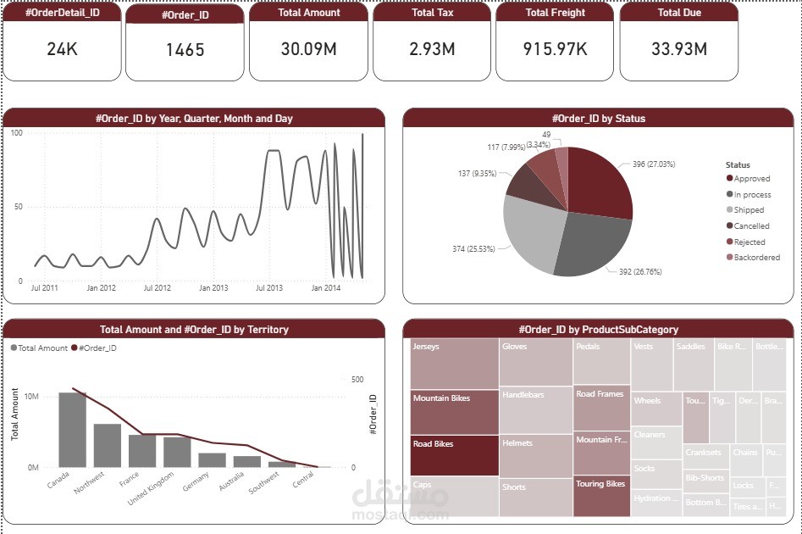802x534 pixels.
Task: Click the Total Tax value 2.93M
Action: [432, 49]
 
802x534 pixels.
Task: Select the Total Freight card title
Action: [555, 13]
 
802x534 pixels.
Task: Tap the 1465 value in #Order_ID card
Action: [185, 50]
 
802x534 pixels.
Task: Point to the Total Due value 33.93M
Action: [679, 49]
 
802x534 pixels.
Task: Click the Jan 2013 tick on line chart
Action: [213, 288]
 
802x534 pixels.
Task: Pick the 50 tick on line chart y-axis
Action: [17, 207]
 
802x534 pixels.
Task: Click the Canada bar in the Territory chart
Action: [72, 429]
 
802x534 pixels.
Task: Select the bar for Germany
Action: [212, 459]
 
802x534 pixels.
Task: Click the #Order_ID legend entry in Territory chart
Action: [94, 348]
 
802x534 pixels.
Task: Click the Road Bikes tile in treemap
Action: [454, 455]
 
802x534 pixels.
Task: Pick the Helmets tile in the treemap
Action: [535, 456]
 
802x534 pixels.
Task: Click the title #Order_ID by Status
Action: [598, 118]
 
